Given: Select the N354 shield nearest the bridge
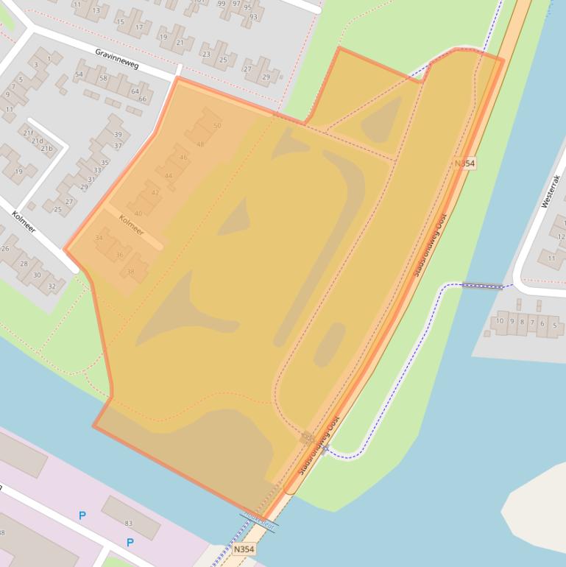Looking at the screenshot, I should pyautogui.click(x=244, y=549).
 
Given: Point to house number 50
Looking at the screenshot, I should pyautogui.click(x=217, y=126).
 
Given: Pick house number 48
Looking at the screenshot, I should pyautogui.click(x=200, y=144).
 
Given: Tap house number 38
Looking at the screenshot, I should pyautogui.click(x=131, y=272).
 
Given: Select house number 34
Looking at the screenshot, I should pyautogui.click(x=99, y=238).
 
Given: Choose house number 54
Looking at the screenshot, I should pyautogui.click(x=79, y=74).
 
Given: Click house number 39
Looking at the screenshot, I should pyautogui.click(x=118, y=135).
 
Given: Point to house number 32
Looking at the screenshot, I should pyautogui.click(x=52, y=286).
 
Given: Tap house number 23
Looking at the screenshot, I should pyautogui.click(x=206, y=54).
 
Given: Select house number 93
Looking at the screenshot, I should pyautogui.click(x=253, y=16).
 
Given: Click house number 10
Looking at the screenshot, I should pyautogui.click(x=500, y=321).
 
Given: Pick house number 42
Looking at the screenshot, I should pyautogui.click(x=155, y=193).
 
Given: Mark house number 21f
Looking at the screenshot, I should pyautogui.click(x=28, y=133).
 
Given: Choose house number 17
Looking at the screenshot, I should pyautogui.click(x=138, y=28).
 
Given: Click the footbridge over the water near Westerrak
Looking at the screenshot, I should pyautogui.click(x=482, y=285).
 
